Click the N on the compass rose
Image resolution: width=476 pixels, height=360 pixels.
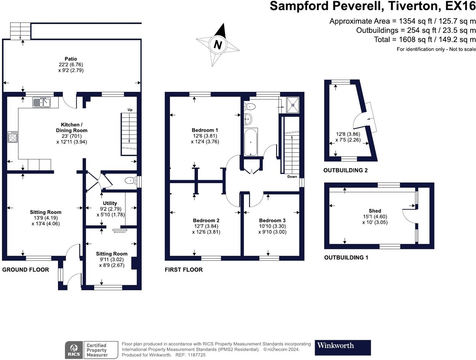[x=218, y=45]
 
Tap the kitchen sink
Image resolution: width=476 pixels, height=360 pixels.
[x=42, y=102]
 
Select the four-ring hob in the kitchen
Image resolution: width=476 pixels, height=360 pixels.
[x=13, y=137]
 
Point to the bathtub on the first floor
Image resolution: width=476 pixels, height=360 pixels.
[x=251, y=142]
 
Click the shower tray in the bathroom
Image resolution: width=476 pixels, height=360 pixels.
[x=293, y=105]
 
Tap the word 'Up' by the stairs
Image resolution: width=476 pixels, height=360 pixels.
[x=130, y=110]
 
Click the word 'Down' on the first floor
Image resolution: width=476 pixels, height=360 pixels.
[x=292, y=177]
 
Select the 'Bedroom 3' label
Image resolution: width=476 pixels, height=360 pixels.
[x=272, y=220]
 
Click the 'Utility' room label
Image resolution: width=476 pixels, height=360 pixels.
[x=110, y=203]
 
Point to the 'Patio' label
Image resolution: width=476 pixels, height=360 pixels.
[x=71, y=59]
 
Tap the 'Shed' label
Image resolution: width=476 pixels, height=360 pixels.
[x=375, y=211]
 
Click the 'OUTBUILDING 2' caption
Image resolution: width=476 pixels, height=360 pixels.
[x=346, y=170]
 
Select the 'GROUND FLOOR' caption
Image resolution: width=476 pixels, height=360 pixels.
[x=26, y=270]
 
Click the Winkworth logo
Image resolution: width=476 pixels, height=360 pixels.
[x=343, y=348]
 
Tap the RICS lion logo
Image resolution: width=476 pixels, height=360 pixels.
[x=74, y=350]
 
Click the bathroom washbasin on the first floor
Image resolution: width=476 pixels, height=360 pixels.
[x=248, y=119]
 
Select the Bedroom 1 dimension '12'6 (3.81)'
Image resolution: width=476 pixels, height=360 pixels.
[x=205, y=136]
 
